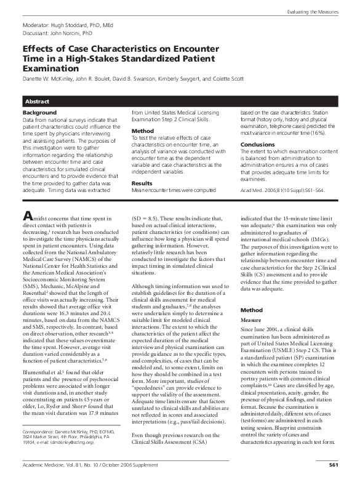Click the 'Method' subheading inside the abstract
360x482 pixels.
tap(142, 131)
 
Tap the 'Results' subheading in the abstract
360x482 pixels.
tap(142, 166)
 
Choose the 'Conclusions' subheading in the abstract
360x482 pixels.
tap(258, 145)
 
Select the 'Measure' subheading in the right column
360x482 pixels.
tap(251, 321)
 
